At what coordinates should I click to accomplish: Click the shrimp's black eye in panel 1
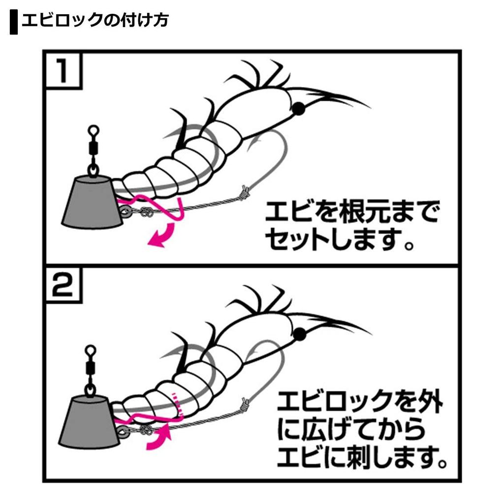pyautogui.click(x=298, y=109)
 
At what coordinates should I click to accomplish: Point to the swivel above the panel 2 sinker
pyautogui.click(x=89, y=364)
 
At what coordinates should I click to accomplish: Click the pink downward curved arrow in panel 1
pyautogui.click(x=163, y=235)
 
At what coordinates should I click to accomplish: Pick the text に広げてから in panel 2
pyautogui.click(x=351, y=430)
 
